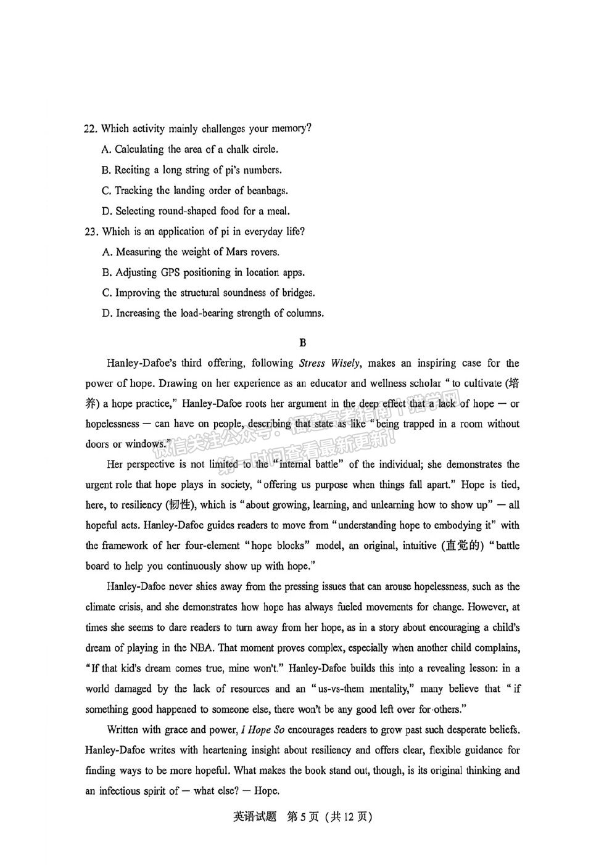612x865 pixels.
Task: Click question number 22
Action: (x=90, y=129)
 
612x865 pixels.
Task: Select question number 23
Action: (x=90, y=232)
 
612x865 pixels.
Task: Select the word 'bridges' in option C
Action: (x=298, y=293)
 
